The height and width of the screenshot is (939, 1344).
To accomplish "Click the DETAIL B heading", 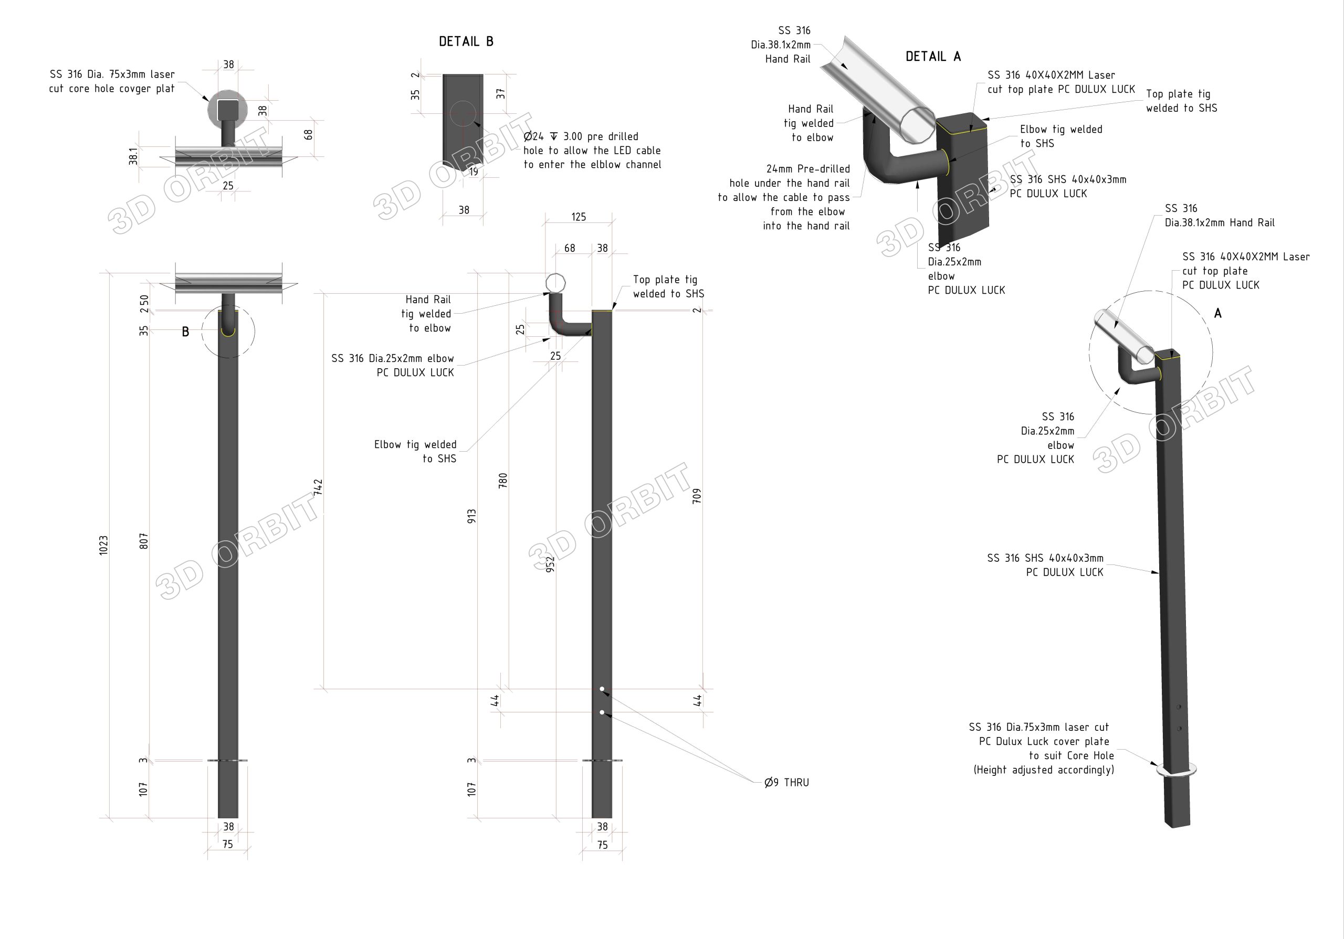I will [x=466, y=41].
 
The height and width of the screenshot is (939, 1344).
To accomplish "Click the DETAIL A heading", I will [x=932, y=57].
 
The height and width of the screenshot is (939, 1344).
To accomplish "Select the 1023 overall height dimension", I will [x=103, y=545].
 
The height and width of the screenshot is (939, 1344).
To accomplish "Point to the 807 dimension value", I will [x=144, y=541].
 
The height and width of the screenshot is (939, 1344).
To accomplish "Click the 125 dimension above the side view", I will [x=579, y=217].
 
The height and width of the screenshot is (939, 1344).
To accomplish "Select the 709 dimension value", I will [x=697, y=496].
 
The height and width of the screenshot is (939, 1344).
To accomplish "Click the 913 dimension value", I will [x=472, y=516].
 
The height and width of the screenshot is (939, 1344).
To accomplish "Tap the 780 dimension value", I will [x=503, y=481].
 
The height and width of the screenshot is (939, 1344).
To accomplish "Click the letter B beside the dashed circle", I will [x=185, y=332].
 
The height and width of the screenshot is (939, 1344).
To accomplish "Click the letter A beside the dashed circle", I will [x=1217, y=314].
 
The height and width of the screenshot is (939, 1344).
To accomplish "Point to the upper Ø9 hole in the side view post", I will [x=602, y=689].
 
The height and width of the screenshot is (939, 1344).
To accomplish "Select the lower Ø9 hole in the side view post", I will [x=602, y=712].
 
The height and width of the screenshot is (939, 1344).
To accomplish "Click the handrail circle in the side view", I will [x=555, y=283].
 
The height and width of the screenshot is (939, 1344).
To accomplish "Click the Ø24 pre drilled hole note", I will [x=592, y=151].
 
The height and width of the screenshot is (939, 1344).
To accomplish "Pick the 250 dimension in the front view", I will [x=144, y=303].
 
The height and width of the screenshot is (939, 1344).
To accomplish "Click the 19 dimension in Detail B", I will [x=473, y=172].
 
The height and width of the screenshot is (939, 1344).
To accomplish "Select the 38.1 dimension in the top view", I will [x=133, y=156].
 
